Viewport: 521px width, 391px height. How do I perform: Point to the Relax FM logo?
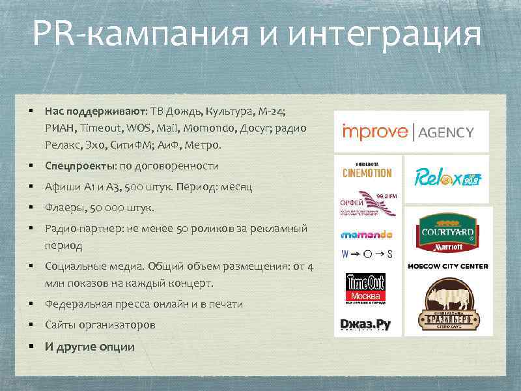click(447, 178)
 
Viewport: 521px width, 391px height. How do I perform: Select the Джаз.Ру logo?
click(365, 324)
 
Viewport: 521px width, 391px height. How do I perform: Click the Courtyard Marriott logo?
click(447, 234)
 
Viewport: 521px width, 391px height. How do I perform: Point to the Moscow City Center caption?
click(447, 266)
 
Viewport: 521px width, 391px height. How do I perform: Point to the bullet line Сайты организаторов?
click(100, 325)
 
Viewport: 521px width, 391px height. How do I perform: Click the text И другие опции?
click(90, 346)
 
